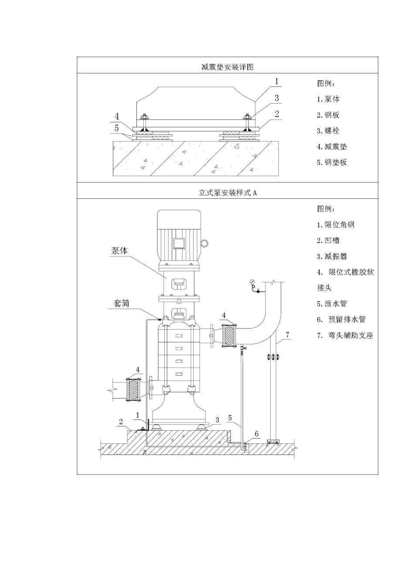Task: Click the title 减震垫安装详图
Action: coord(227,67)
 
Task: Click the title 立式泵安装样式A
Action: coord(227,193)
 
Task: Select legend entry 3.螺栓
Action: coord(328,131)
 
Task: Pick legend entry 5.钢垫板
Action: coord(332,162)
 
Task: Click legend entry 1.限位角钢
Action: coord(336,225)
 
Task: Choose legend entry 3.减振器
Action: coord(332,256)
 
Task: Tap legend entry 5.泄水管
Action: coord(332,303)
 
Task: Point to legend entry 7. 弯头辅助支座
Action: coord(345,335)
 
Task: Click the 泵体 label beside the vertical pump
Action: coord(120,251)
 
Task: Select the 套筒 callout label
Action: coord(122,303)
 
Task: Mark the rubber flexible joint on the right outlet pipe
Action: coord(228,336)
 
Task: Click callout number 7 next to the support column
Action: coord(288,335)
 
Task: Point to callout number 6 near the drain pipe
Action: coord(257,434)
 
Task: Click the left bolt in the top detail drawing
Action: coord(144,117)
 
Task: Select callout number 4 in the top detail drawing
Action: coord(117,116)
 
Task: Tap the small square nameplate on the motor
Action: coord(179,243)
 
